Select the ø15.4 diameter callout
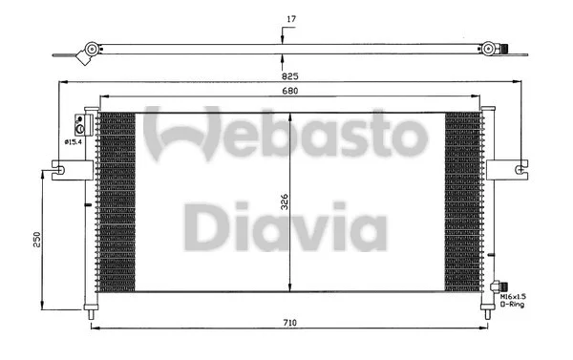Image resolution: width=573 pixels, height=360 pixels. (72, 141)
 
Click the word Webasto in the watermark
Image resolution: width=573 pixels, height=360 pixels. (286, 136)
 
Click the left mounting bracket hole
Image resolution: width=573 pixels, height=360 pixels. (59, 172)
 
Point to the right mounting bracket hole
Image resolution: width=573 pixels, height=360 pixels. (519, 171)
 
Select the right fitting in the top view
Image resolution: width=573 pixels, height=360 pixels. (491, 49)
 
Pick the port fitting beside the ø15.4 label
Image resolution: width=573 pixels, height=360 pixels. (82, 125)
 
